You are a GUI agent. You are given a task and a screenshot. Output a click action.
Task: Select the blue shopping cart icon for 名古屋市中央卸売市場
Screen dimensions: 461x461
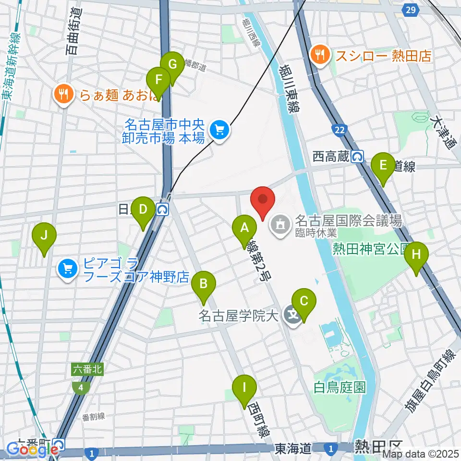coord(220,129)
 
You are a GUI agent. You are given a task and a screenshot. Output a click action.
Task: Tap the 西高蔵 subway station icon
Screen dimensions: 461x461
coord(357,156)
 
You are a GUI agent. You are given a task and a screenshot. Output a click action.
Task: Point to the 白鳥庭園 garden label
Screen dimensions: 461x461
coord(338,386)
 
